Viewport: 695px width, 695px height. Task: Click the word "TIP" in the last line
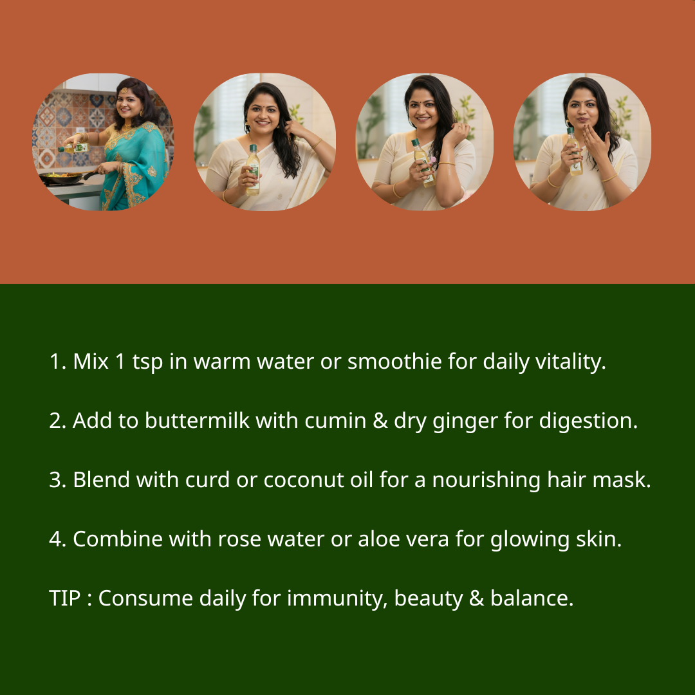(65, 598)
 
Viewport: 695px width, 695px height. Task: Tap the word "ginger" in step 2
(465, 422)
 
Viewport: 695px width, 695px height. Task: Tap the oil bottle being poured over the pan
(73, 148)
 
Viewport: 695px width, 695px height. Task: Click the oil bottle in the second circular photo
(253, 170)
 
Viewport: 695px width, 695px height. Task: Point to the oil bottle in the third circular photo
(423, 163)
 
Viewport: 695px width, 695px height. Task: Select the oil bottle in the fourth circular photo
(574, 152)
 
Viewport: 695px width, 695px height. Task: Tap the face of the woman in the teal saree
(129, 106)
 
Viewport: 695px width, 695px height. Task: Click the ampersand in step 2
(380, 421)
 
